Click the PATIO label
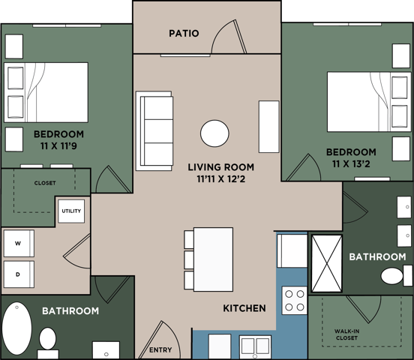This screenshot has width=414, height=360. point(184,33)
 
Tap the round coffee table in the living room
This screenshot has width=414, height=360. point(214,134)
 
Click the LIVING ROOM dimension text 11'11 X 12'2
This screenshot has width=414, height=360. point(220,179)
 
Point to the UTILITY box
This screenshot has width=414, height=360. point(72,211)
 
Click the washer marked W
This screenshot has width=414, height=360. point(18,244)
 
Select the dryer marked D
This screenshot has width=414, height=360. point(18,274)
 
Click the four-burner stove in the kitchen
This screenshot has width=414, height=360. point(293,300)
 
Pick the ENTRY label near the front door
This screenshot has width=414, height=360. point(160,350)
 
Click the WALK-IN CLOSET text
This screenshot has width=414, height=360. point(346,334)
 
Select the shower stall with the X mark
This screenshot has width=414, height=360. point(326,263)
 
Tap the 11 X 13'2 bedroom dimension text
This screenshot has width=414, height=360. point(351,164)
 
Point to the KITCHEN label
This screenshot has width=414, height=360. point(244,308)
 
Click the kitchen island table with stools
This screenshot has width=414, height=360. point(213,259)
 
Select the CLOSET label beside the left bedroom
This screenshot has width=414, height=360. point(44,183)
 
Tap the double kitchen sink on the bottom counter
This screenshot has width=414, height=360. point(255,347)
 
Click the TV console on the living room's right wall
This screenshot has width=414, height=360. point(268,126)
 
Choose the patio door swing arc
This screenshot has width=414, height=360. point(227,37)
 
